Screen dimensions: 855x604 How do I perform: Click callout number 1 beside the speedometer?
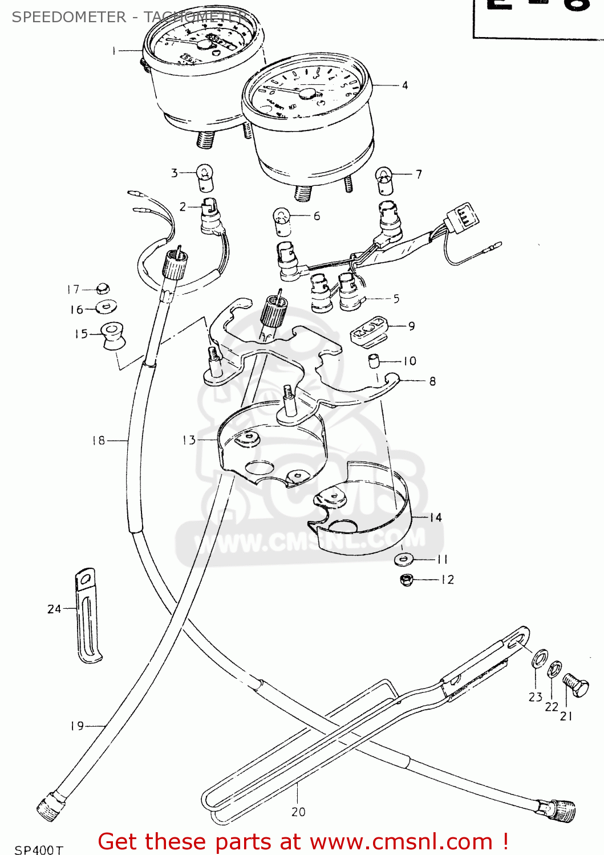pos(114,51)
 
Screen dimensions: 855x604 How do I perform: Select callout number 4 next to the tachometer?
pos(405,85)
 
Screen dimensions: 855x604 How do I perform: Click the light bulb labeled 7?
pos(384,178)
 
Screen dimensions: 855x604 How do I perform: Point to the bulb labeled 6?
pos(282,220)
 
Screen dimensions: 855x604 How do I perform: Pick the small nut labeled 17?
pos(103,288)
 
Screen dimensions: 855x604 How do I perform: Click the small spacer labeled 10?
pos(374,361)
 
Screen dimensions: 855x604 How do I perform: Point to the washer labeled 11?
pos(404,559)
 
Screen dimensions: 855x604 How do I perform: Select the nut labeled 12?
pos(406,580)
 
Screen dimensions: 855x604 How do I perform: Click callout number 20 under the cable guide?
pos(298,812)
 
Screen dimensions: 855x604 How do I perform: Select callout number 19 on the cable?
pos(77,726)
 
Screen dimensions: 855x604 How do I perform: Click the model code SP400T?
pos(39,849)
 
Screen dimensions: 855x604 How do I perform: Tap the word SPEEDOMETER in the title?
pos(68,17)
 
